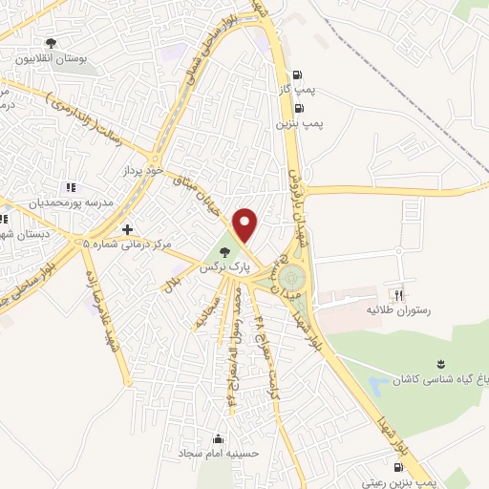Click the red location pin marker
tap(246, 225)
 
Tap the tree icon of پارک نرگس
tap(224, 253)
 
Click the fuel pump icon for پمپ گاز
tap(299, 74)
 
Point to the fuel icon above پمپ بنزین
tap(299, 108)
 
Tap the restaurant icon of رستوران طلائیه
tap(399, 294)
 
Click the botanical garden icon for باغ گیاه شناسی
tap(440, 364)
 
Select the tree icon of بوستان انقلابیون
tap(51, 43)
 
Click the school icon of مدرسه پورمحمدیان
tap(69, 188)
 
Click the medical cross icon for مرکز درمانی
tap(127, 229)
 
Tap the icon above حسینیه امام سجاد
tap(219, 439)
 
